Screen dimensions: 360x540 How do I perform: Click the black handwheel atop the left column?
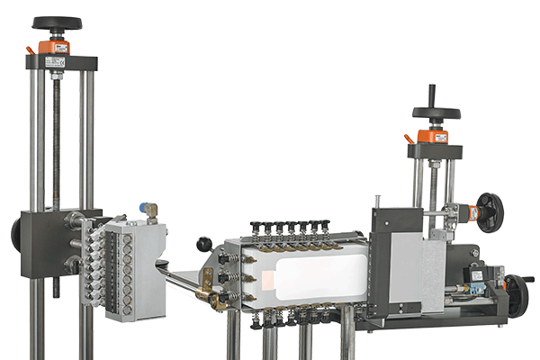56,23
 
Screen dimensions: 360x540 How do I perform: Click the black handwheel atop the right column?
436,113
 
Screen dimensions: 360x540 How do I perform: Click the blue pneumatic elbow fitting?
146,208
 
